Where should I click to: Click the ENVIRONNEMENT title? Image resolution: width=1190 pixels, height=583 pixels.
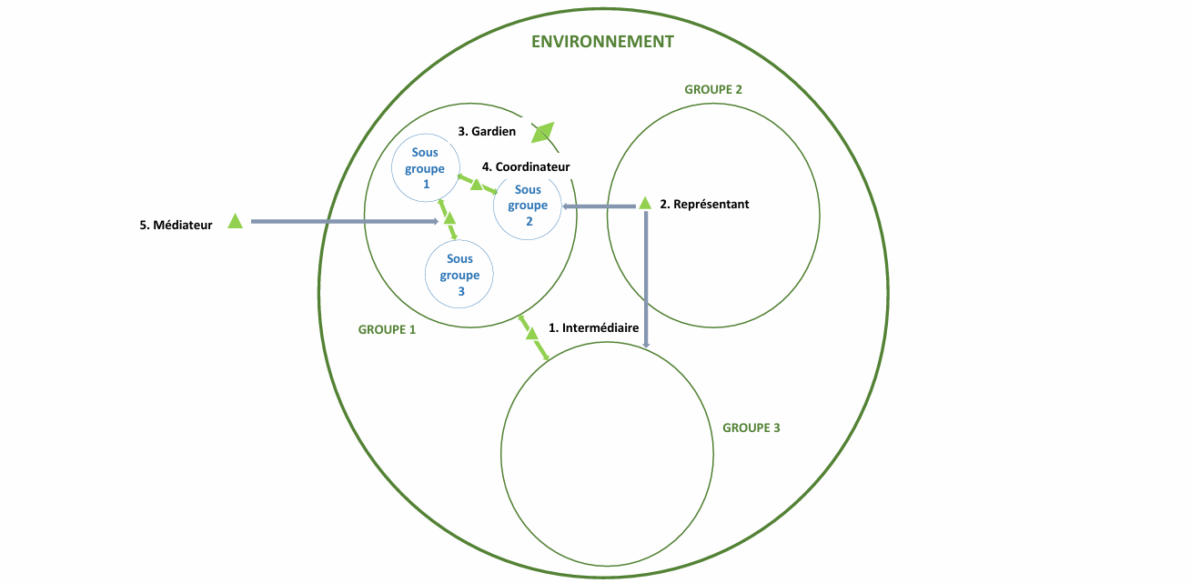click(602, 42)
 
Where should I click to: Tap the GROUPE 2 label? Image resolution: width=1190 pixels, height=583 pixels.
click(713, 89)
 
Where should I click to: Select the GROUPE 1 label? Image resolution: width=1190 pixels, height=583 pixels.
click(387, 329)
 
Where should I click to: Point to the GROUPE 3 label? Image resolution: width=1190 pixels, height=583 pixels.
click(751, 427)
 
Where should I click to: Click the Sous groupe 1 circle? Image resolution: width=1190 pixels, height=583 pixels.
click(424, 168)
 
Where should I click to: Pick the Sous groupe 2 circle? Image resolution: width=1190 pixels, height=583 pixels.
click(528, 206)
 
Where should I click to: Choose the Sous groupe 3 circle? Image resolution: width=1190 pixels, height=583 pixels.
click(459, 276)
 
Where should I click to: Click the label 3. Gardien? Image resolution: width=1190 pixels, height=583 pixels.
click(487, 131)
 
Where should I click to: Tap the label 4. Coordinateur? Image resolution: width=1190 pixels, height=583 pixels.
click(526, 166)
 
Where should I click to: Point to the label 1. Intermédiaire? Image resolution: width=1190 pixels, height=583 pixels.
click(594, 327)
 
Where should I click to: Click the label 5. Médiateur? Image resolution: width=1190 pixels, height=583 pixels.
click(176, 226)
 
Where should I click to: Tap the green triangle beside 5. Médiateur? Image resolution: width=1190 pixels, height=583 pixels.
click(235, 220)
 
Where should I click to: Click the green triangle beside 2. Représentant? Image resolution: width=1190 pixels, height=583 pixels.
click(644, 203)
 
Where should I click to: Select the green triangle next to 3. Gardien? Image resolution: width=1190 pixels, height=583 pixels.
click(543, 134)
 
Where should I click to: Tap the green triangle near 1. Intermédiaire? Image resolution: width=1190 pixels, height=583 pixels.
click(532, 334)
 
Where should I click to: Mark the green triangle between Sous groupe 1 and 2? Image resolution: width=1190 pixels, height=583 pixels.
click(476, 185)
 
